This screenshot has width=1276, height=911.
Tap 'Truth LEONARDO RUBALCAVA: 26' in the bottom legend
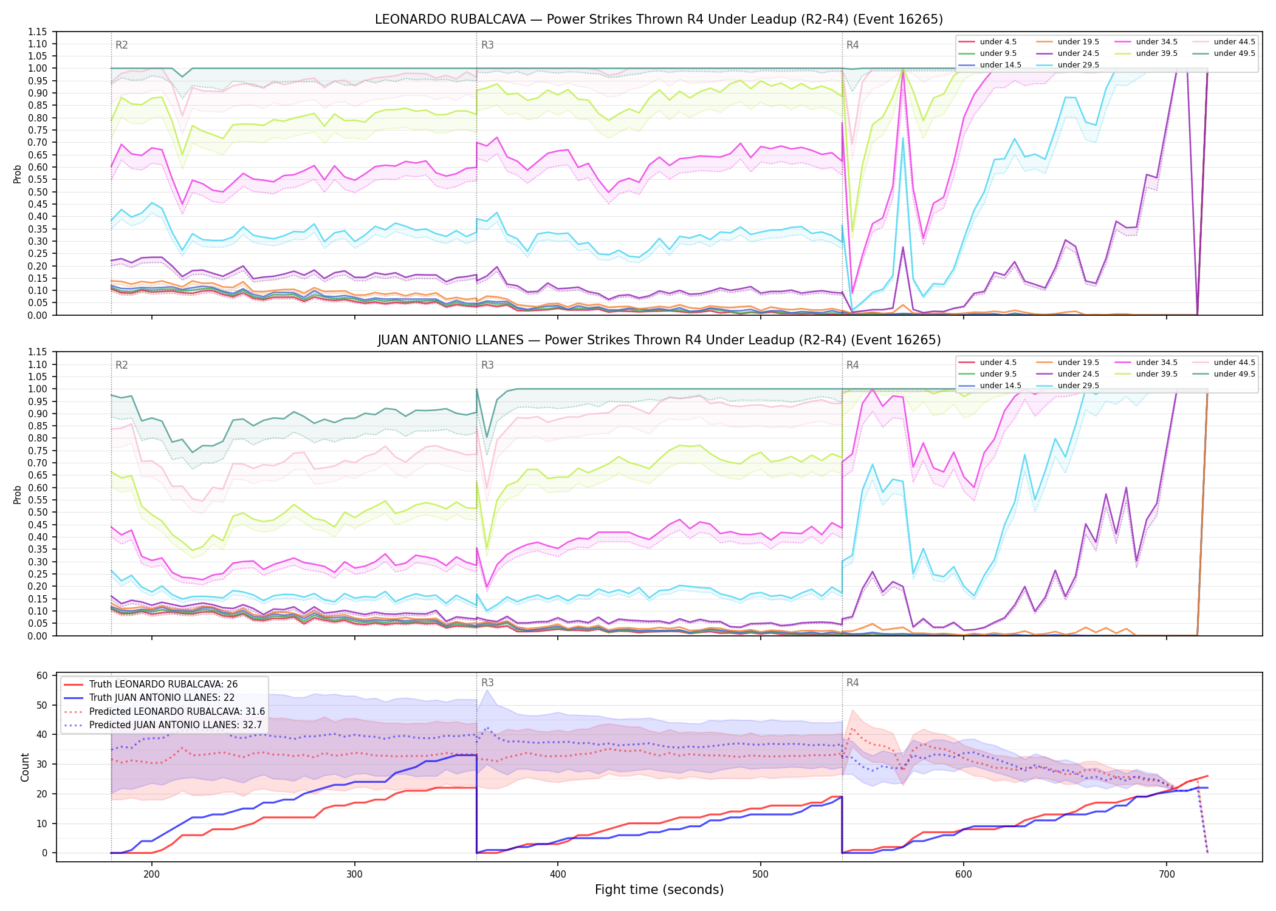pyautogui.click(x=150, y=684)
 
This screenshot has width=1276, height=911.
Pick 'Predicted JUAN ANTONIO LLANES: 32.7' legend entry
pyautogui.click(x=163, y=725)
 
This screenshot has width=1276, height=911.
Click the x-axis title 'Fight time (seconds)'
pyautogui.click(x=659, y=890)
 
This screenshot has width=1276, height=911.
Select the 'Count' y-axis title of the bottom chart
pyautogui.click(x=25, y=767)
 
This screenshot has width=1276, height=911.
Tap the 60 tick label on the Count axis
pyautogui.click(x=42, y=675)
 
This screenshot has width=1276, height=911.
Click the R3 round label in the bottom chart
pyautogui.click(x=487, y=683)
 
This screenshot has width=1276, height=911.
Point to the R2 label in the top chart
pyautogui.click(x=122, y=45)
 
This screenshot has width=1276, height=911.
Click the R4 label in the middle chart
pyautogui.click(x=852, y=365)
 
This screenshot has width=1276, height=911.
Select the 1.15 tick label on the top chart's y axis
pyautogui.click(x=37, y=32)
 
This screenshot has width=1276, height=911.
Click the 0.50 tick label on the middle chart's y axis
pyautogui.click(x=37, y=512)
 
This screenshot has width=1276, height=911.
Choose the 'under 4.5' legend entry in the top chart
pyautogui.click(x=987, y=42)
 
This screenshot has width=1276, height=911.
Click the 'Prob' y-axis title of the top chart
pyautogui.click(x=18, y=174)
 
